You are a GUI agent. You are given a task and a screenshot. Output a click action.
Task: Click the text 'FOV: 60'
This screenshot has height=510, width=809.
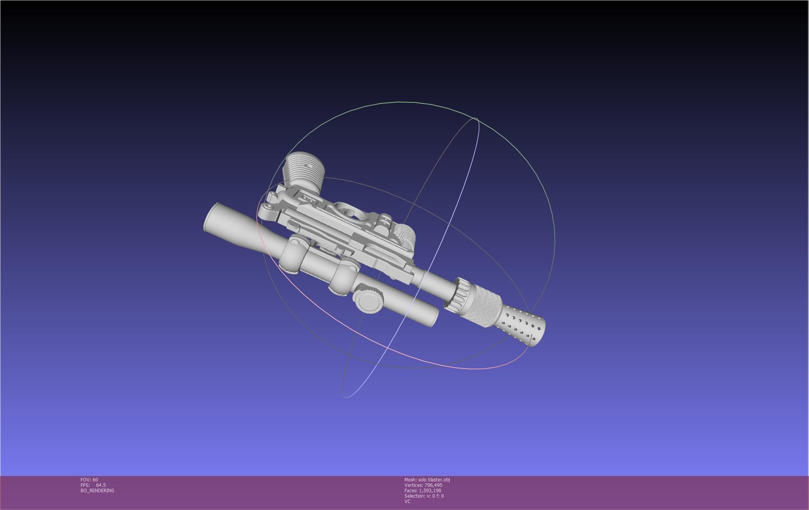click(89, 480)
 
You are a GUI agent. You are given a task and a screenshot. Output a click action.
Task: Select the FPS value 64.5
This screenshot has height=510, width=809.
click(101, 485)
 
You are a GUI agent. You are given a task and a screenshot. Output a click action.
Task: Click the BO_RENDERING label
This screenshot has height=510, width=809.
click(97, 491)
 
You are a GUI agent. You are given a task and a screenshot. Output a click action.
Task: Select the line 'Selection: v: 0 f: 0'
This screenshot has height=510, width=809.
click(424, 496)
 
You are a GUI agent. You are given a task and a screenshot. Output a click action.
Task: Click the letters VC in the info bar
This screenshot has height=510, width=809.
click(407, 501)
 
